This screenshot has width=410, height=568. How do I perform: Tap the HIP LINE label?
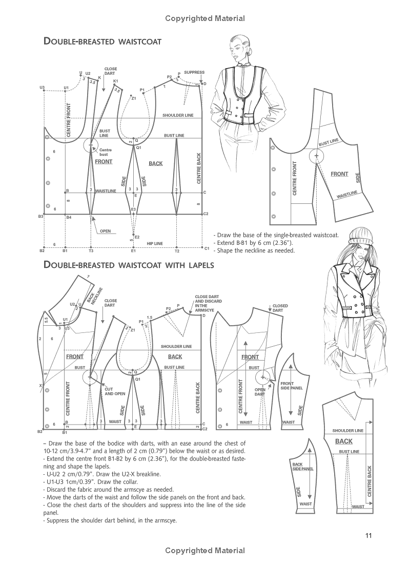pos(155,243)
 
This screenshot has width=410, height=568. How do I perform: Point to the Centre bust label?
pos(105,152)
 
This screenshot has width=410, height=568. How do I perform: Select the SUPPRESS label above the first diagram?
pos(194,73)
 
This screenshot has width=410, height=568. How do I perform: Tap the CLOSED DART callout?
pos(280,308)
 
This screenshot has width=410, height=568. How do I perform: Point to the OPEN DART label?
pos(260,392)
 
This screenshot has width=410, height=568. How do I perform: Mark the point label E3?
pos(133,209)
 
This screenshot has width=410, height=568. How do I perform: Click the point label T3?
pos(91,251)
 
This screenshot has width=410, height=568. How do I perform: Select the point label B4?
pos(69,218)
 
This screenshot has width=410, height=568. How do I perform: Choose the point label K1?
pos(115,81)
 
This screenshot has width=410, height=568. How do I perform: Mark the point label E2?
pos(137,237)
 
